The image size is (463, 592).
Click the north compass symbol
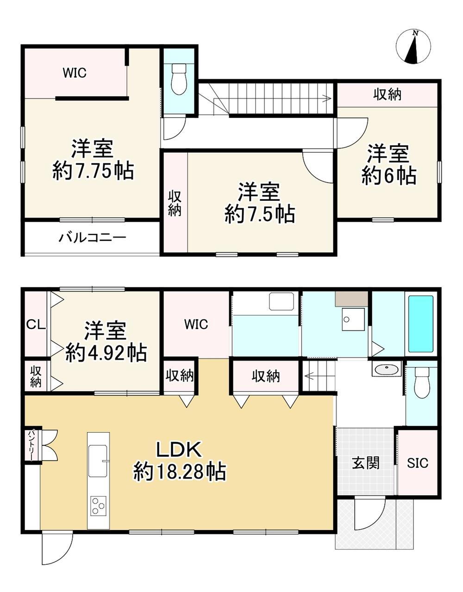tap(413, 47)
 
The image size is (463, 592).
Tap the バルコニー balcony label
tap(93, 238)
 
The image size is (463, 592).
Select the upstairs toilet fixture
tap(179, 79)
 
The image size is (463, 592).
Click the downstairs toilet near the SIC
tap(421, 383)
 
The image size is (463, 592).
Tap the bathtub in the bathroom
tap(421, 324)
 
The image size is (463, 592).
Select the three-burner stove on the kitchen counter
tap(98, 506)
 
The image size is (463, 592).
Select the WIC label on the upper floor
tap(75, 73)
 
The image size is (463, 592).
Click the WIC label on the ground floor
tap(196, 324)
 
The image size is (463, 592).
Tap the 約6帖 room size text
tap(388, 176)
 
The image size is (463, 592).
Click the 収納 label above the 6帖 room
tap(387, 95)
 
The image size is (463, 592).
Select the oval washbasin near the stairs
tap(387, 369)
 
